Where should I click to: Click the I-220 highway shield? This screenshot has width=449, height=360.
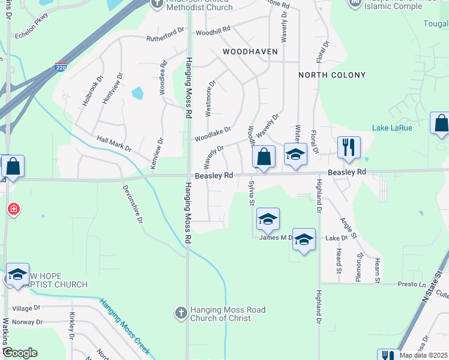(x=61, y=67)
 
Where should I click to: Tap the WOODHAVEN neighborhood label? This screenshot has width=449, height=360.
(x=250, y=52)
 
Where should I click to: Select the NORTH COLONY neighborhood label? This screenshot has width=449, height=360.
(x=332, y=75)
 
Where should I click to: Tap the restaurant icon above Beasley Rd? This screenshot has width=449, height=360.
(x=349, y=146)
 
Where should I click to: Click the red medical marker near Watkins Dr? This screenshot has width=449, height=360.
(x=13, y=209)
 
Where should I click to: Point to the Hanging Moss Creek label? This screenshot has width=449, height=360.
(x=124, y=328)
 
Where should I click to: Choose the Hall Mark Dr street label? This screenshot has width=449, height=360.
(x=114, y=144)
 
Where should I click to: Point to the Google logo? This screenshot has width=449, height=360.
(x=19, y=352)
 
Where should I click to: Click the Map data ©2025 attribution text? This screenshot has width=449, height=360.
(x=423, y=355)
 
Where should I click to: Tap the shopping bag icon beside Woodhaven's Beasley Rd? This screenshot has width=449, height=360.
(x=264, y=157)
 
